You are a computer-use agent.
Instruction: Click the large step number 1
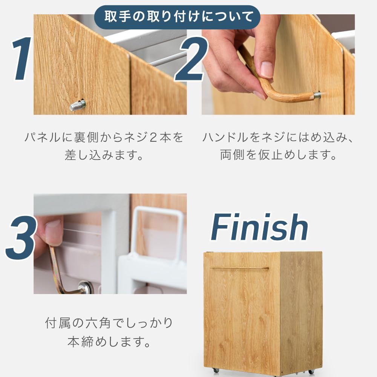click(22, 59)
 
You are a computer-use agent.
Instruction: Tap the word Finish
click(259, 228)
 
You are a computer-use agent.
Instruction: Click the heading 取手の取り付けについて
click(177, 17)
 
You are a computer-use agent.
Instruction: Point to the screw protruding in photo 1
click(78, 105)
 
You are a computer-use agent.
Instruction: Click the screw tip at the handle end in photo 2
click(317, 95)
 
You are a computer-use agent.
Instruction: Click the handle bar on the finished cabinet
click(239, 268)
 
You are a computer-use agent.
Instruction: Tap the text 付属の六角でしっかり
click(109, 323)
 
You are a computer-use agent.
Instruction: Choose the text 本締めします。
click(109, 342)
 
